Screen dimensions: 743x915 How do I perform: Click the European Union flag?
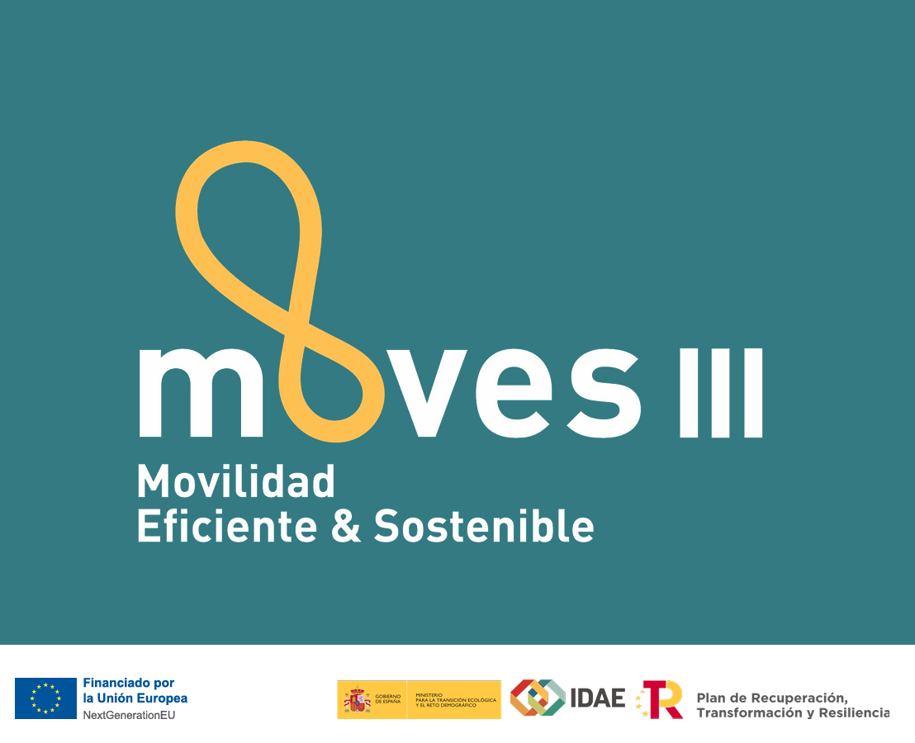coord(45,698)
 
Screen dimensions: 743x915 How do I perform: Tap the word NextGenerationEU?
coord(129,714)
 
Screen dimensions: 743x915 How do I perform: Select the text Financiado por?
coord(128,683)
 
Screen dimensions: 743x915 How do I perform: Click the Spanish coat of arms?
coord(357,700)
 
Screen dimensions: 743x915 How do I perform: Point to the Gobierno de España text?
coord(388,699)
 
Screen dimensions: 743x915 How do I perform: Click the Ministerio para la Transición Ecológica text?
coord(456,699)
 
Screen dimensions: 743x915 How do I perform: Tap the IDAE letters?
coord(598,698)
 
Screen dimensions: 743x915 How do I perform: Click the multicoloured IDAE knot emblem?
coord(537,698)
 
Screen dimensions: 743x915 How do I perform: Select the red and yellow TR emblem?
coord(661,699)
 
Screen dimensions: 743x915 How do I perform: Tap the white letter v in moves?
coord(432,393)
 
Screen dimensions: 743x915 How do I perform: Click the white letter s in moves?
coord(603,393)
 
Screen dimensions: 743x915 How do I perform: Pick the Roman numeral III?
coord(720,393)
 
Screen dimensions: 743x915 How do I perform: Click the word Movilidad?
coord(236,481)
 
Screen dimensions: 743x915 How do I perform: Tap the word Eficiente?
coord(226,525)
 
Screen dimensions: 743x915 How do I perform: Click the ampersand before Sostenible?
coord(345,526)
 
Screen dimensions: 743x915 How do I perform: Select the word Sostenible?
coord(484,525)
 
